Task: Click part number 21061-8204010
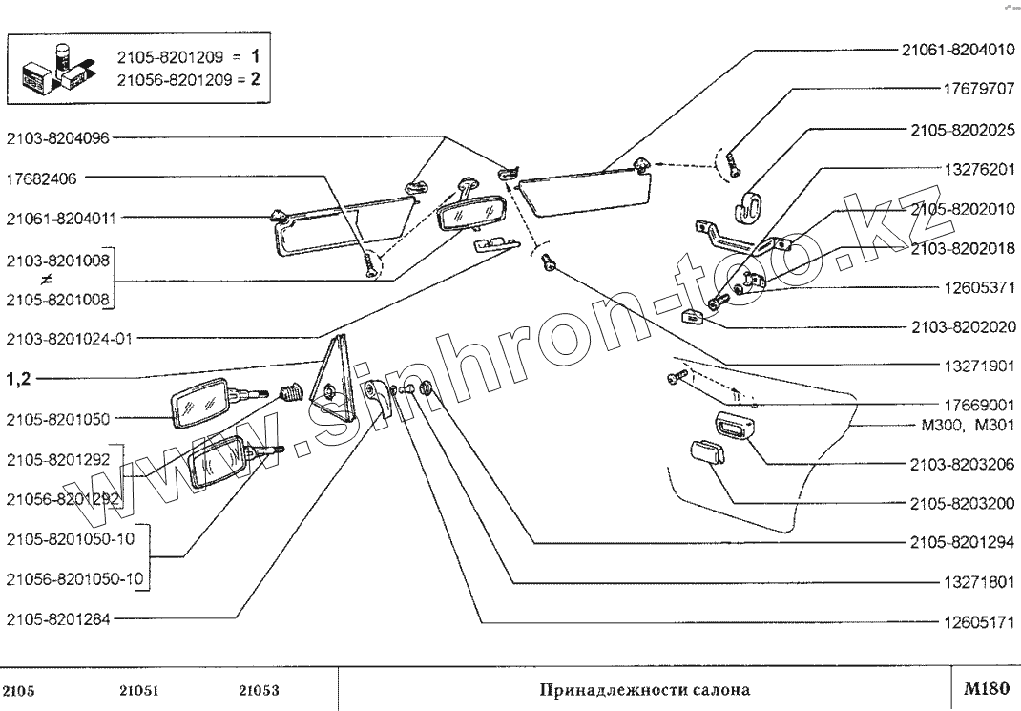[x=958, y=51]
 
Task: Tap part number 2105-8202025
[x=958, y=130]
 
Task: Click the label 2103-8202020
[x=958, y=326]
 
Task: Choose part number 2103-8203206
[x=958, y=464]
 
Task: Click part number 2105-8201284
[x=57, y=618]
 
